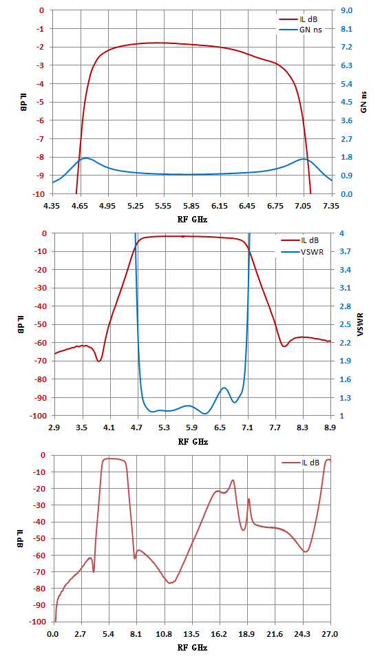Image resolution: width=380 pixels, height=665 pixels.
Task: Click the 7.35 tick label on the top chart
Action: [332, 206]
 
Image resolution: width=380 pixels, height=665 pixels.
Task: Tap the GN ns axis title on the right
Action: [364, 102]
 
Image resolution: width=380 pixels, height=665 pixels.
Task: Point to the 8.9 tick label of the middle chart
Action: [330, 428]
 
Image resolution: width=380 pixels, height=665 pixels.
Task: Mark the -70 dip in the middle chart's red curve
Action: [99, 361]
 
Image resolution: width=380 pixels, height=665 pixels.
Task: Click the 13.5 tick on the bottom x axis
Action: [191, 635]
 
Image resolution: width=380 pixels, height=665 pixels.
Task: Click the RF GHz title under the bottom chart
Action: [193, 648]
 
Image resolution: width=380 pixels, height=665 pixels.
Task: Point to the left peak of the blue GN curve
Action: [86, 158]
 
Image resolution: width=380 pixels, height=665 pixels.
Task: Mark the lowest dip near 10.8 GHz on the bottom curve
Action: [171, 583]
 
